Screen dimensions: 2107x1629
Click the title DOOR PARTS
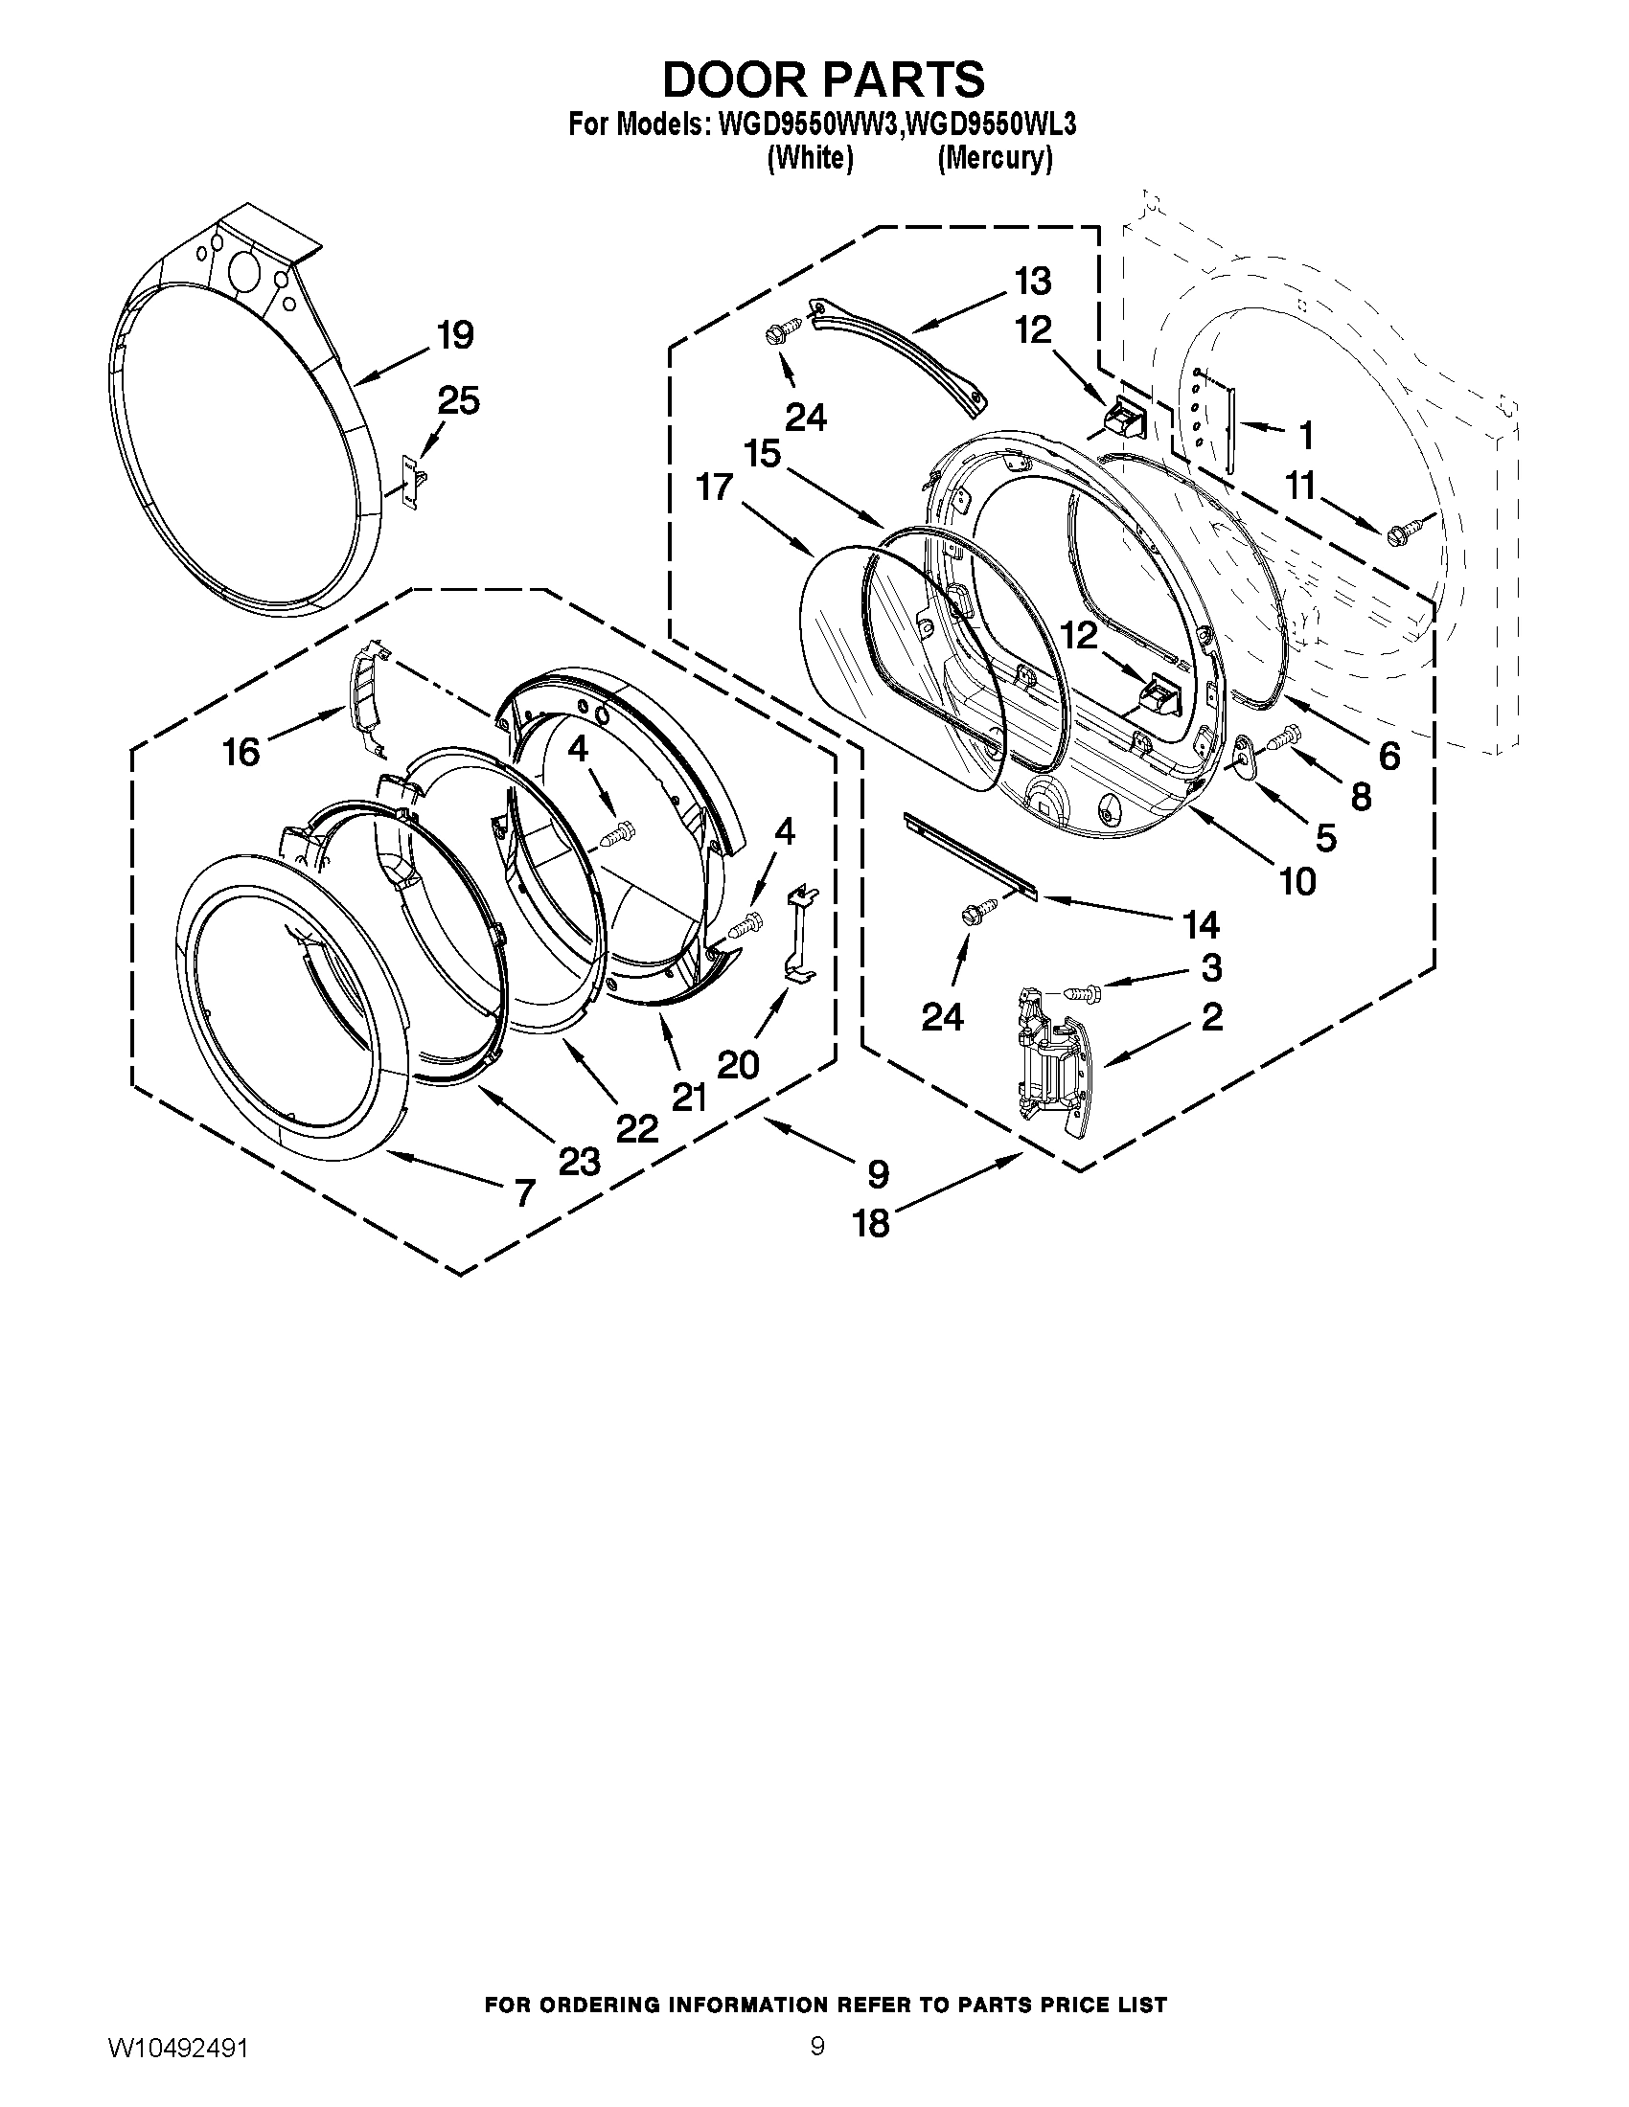coord(823,79)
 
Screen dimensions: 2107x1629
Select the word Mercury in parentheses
coord(994,157)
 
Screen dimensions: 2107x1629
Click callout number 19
coord(454,336)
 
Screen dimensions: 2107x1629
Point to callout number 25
coord(458,400)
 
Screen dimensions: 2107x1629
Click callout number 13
coord(1032,282)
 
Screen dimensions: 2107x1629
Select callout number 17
coord(715,487)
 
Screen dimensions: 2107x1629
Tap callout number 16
coord(241,752)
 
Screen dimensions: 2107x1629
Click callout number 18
coord(870,1223)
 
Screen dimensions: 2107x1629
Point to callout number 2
coord(1211,1016)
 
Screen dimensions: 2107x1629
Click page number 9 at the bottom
coord(816,2066)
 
